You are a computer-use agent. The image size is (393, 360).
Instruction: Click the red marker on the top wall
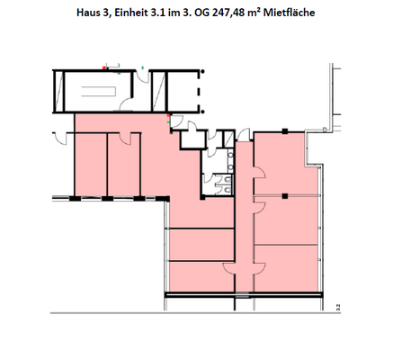(104, 67)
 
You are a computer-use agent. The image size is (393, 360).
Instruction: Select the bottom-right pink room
(286, 268)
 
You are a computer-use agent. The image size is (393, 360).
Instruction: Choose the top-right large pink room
(286, 164)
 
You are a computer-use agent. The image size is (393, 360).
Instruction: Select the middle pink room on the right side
(286, 220)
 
